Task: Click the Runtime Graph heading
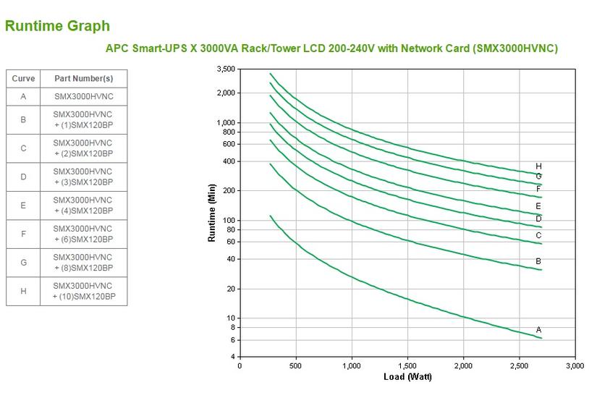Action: [57, 26]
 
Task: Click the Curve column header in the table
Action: [23, 78]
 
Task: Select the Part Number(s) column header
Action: [83, 78]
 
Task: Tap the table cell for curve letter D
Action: [23, 177]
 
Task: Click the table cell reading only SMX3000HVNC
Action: [83, 96]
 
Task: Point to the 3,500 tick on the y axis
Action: [226, 69]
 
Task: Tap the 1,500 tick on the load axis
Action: [407, 366]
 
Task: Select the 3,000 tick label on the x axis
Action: [575, 366]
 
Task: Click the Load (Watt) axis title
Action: [409, 376]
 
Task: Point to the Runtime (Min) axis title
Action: [213, 213]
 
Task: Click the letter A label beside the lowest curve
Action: [538, 330]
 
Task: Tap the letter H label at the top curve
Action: [538, 166]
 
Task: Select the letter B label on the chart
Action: [538, 261]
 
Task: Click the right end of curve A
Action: [541, 338]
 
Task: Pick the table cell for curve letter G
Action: [23, 263]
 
